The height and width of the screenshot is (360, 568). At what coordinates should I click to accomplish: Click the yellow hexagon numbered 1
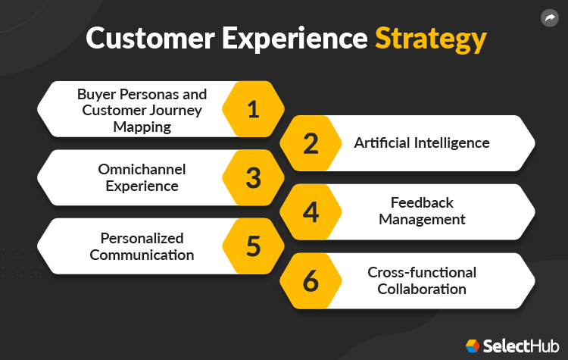[253, 109]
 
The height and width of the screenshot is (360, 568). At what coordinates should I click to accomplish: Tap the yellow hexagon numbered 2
[311, 143]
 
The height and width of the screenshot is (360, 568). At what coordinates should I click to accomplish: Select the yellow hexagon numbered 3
[253, 178]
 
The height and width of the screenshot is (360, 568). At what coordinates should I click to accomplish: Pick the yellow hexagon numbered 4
[311, 212]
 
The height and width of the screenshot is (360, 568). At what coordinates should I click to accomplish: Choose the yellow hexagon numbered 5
[253, 246]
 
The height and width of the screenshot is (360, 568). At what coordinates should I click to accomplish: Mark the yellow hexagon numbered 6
[311, 281]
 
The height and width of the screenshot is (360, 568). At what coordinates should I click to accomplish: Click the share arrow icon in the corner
[549, 17]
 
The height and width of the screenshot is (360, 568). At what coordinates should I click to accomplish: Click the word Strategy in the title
[429, 39]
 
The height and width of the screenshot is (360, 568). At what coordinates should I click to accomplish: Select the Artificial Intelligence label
[422, 142]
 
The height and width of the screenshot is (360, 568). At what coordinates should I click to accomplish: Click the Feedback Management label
[422, 211]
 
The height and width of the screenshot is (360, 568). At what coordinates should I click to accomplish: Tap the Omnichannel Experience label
[142, 177]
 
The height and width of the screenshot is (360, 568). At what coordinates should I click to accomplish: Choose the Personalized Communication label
[142, 246]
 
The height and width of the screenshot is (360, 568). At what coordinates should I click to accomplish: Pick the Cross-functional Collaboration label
[422, 280]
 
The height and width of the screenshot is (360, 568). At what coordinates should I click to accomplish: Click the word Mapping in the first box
[142, 127]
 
